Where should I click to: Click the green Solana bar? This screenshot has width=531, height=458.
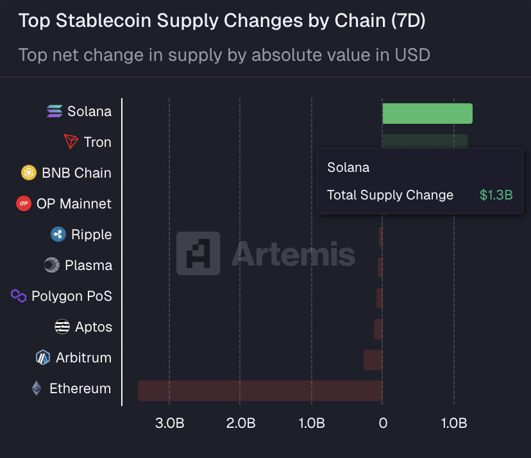tap(427, 114)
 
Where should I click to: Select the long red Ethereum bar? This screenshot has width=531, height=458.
tap(260, 391)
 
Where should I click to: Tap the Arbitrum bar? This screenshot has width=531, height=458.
tap(373, 360)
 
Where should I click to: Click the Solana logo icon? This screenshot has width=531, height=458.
tap(55, 112)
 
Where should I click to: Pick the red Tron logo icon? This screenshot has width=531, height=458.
tap(71, 142)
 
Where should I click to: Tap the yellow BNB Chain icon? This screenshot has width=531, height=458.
tap(29, 173)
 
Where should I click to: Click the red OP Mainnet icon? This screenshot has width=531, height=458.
tap(24, 204)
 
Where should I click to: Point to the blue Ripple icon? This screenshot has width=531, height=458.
tap(58, 235)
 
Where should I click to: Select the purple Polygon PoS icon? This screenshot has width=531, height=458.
tap(19, 296)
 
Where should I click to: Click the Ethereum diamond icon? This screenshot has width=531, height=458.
tap(37, 389)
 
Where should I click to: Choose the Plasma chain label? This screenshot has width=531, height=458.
tap(88, 266)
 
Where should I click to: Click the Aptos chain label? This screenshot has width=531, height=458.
tap(94, 327)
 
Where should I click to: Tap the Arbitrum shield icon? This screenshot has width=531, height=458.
tap(43, 358)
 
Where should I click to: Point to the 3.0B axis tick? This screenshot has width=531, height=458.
tap(170, 423)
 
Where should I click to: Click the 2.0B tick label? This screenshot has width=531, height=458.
tap(241, 423)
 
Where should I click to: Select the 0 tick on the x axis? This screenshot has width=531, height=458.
tap(383, 423)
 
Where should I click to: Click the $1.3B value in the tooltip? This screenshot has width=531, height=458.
tap(496, 195)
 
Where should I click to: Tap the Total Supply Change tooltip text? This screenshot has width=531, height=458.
tap(390, 195)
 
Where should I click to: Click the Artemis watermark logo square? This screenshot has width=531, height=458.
tap(198, 253)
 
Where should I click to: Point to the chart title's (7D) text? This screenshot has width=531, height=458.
tap(408, 21)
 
